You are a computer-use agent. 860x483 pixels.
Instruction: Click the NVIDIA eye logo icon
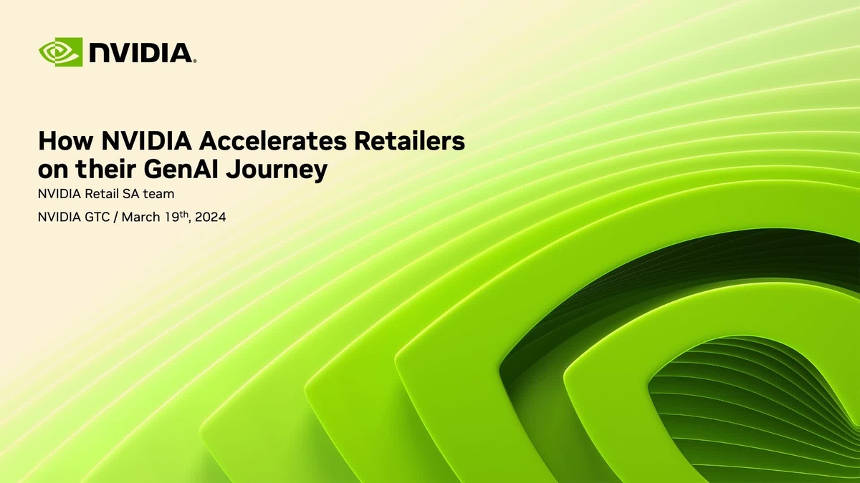coord(61,52)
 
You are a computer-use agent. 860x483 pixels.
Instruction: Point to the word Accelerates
coord(264,140)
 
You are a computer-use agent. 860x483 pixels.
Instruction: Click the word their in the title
coord(108,170)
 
